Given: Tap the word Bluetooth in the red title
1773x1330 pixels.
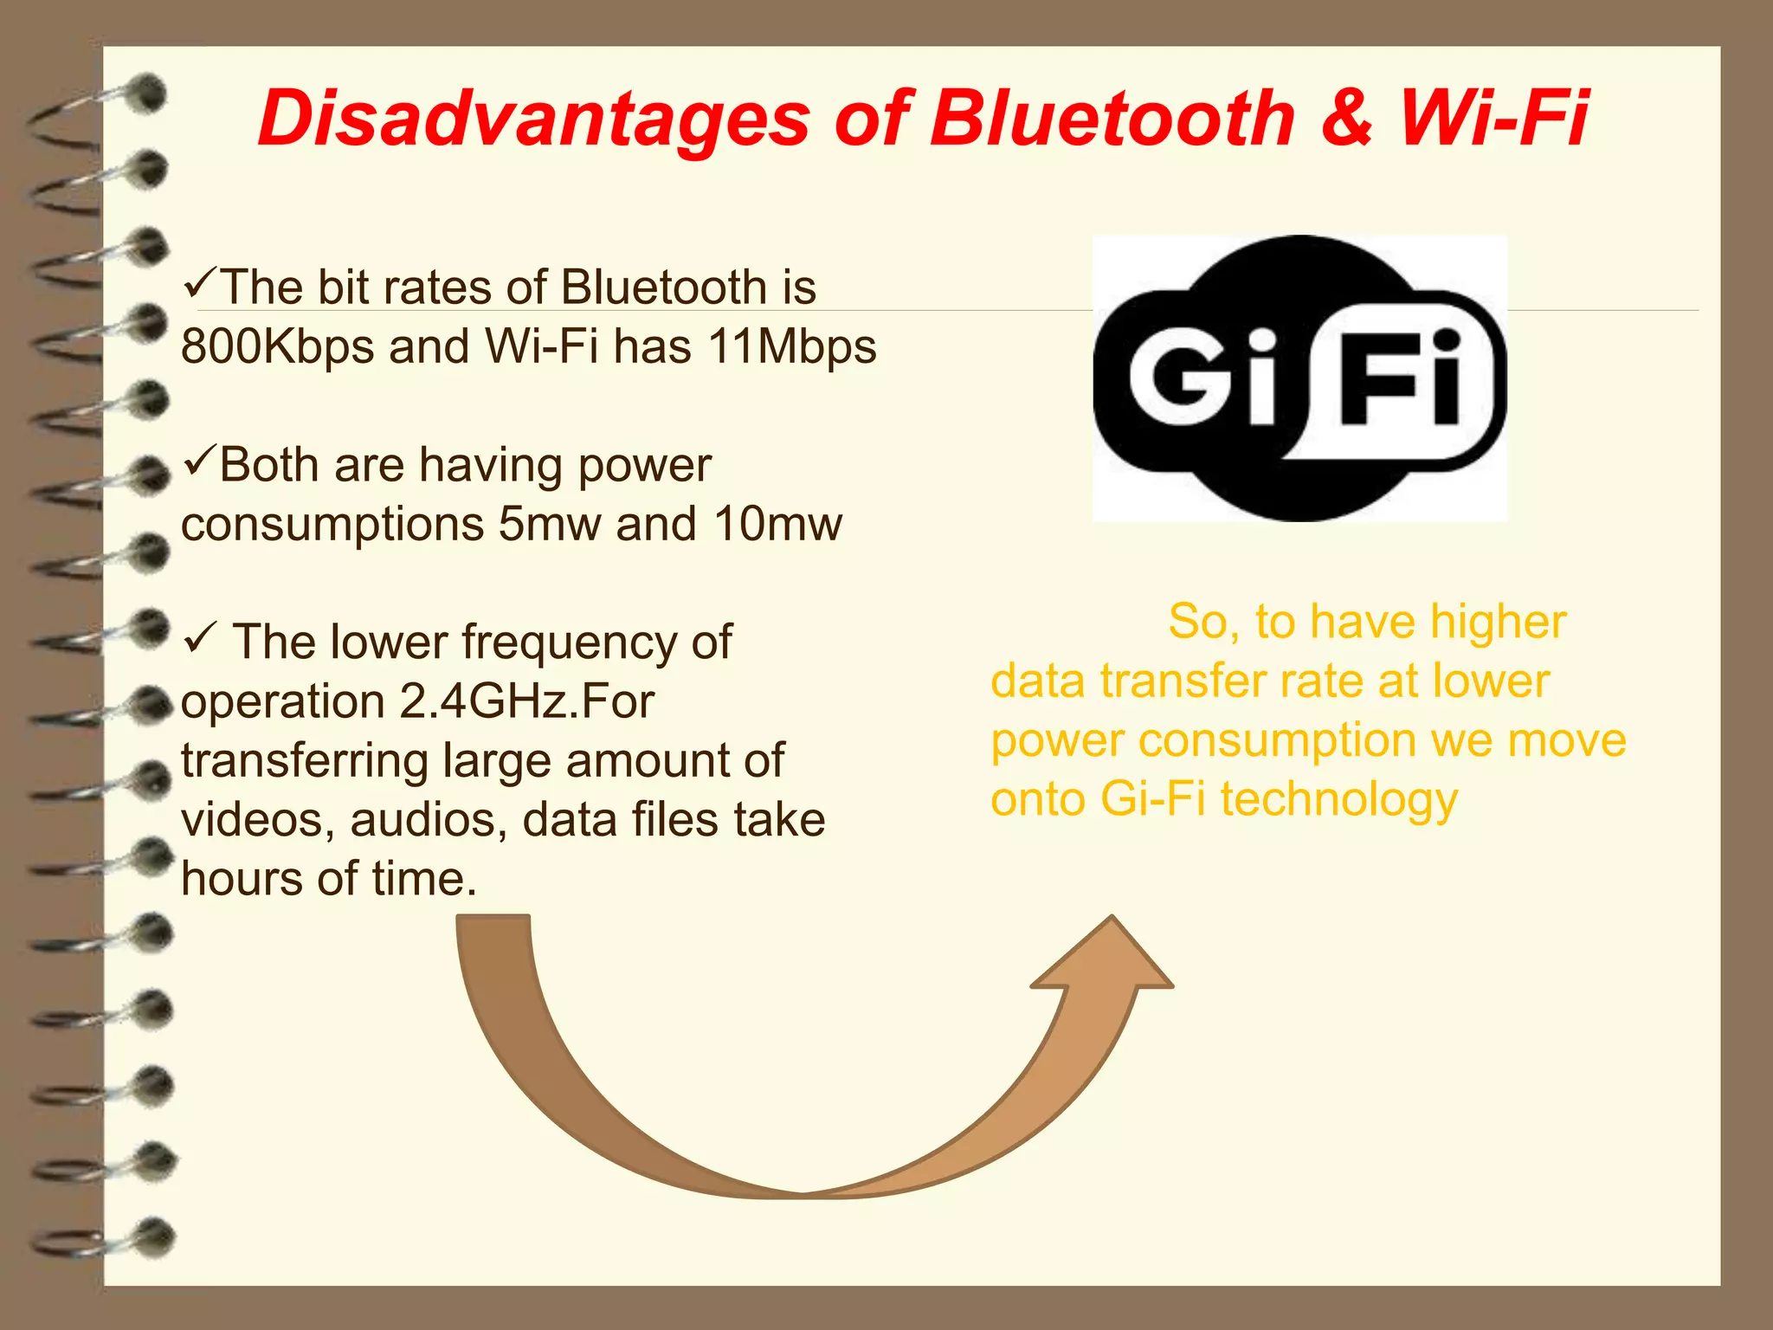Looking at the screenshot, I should click(1112, 119).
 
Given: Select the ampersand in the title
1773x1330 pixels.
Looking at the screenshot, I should click(1347, 119).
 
